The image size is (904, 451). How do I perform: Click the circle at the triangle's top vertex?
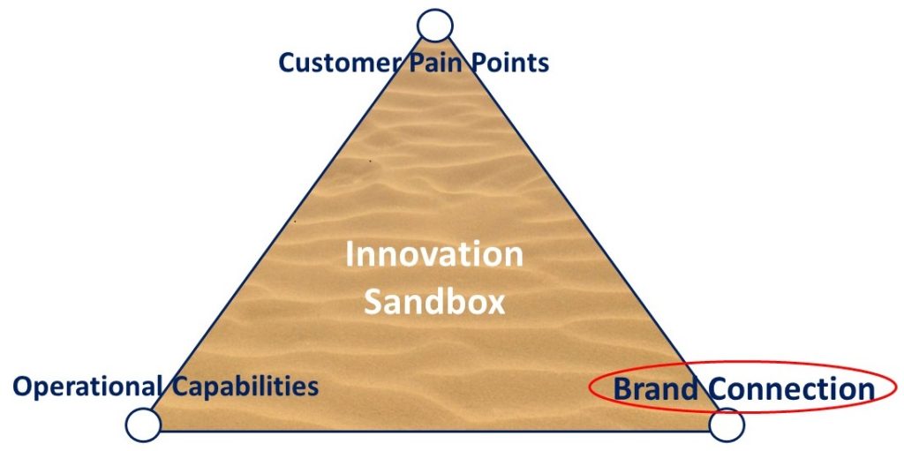[434, 26]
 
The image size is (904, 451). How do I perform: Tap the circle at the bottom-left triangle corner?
[143, 425]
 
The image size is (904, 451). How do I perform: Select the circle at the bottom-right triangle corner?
[727, 425]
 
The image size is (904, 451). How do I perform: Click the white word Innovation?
[433, 254]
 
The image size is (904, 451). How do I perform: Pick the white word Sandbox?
[434, 302]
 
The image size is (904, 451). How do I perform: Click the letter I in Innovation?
[350, 254]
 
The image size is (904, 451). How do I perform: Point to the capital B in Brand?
[622, 388]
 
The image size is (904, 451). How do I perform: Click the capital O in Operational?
[22, 386]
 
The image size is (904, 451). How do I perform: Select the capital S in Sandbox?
[373, 302]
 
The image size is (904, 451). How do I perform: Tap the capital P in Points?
[472, 63]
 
